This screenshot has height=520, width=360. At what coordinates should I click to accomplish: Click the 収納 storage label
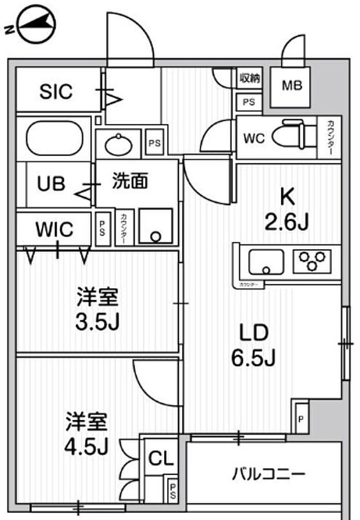point(250,78)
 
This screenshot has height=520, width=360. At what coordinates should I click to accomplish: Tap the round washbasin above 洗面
point(118,142)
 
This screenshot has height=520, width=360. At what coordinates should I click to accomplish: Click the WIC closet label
point(54,229)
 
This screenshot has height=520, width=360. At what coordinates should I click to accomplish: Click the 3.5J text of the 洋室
point(98,322)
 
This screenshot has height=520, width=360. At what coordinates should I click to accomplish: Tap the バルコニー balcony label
point(269,473)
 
